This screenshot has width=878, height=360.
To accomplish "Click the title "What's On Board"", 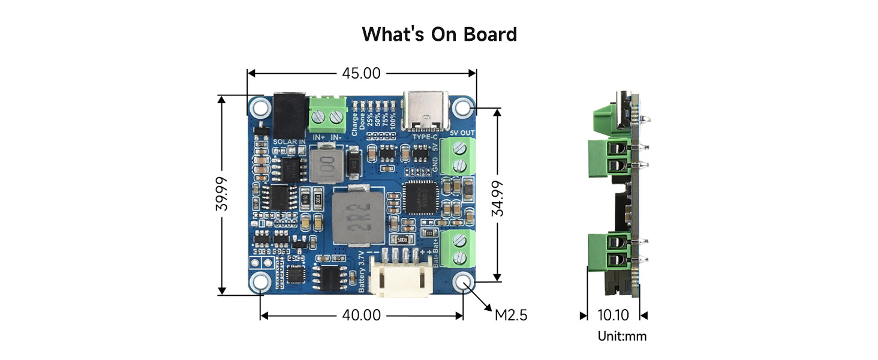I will tap(439, 34).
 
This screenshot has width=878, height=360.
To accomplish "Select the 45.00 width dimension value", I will tap(361, 73).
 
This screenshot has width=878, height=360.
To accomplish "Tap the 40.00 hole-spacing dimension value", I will tap(361, 315).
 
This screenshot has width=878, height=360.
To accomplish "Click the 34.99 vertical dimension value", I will tap(497, 199).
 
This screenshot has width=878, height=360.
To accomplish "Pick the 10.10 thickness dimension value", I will tap(614, 315).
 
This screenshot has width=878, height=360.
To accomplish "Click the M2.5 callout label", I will tap(511, 315).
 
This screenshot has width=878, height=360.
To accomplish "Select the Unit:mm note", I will tap(622, 336).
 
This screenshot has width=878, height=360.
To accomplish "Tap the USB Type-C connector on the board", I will tap(426, 112).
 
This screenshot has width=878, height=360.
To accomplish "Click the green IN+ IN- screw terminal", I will tap(327, 115).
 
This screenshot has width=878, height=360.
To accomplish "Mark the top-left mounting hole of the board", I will tap(260, 108).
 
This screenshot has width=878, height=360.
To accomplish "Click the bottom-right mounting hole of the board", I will tap(463, 282).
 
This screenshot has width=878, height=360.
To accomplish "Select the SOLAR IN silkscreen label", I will tap(290, 142).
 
